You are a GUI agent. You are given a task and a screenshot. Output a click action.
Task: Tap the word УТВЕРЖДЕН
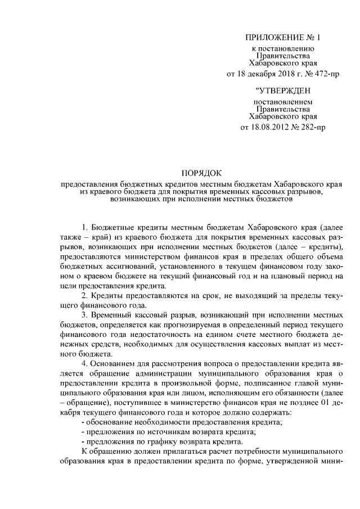click(x=282, y=90)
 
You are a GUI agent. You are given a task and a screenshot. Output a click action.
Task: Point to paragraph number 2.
click(x=84, y=295)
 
